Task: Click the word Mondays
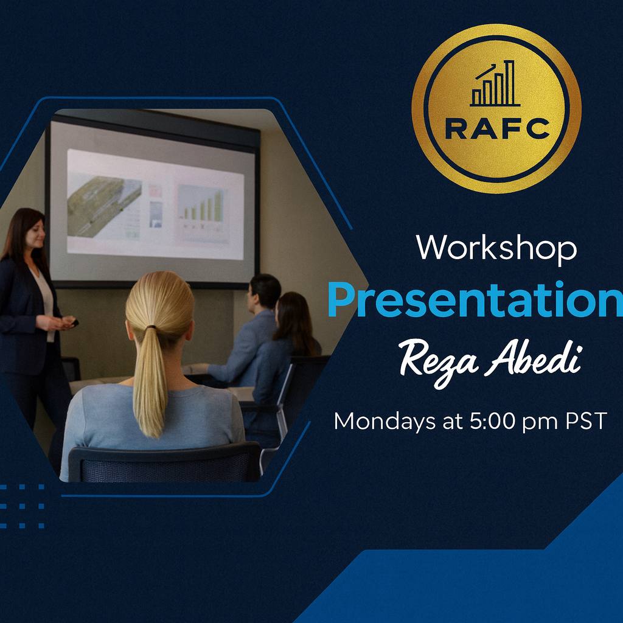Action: click(x=385, y=422)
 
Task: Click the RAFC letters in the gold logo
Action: click(x=497, y=129)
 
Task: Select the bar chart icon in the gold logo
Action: click(x=495, y=83)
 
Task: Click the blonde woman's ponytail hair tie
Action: click(x=151, y=327)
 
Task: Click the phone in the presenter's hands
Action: click(x=75, y=323)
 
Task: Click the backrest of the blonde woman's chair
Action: click(x=164, y=462)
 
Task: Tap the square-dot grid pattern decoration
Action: click(x=22, y=506)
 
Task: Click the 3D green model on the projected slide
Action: click(x=104, y=206)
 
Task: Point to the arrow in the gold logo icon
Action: click(x=486, y=72)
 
